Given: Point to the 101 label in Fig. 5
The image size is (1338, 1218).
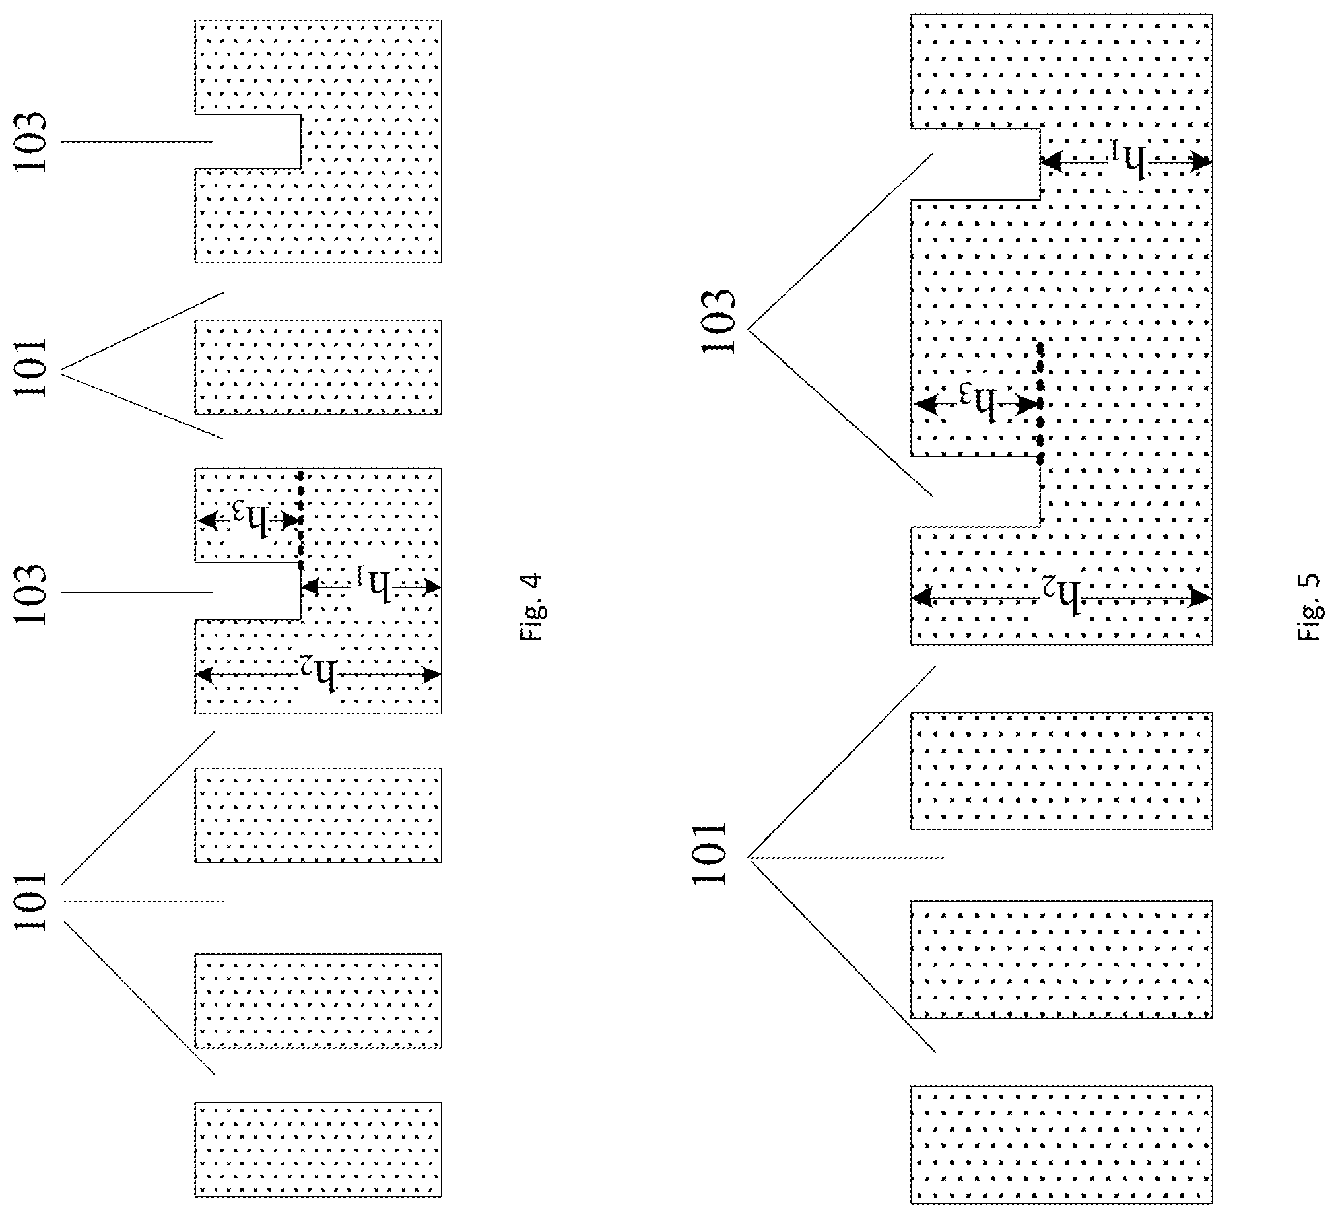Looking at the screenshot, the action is coord(708,854).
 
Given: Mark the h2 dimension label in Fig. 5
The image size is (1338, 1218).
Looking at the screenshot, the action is coord(1060,595).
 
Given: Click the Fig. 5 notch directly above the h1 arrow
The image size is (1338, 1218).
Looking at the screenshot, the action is coord(975,163).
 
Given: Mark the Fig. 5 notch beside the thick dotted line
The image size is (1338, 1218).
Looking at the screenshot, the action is coord(975,491).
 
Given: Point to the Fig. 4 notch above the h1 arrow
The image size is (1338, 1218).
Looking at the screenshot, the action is coord(248,592).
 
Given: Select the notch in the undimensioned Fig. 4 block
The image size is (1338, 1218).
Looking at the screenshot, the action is coord(248,141).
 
